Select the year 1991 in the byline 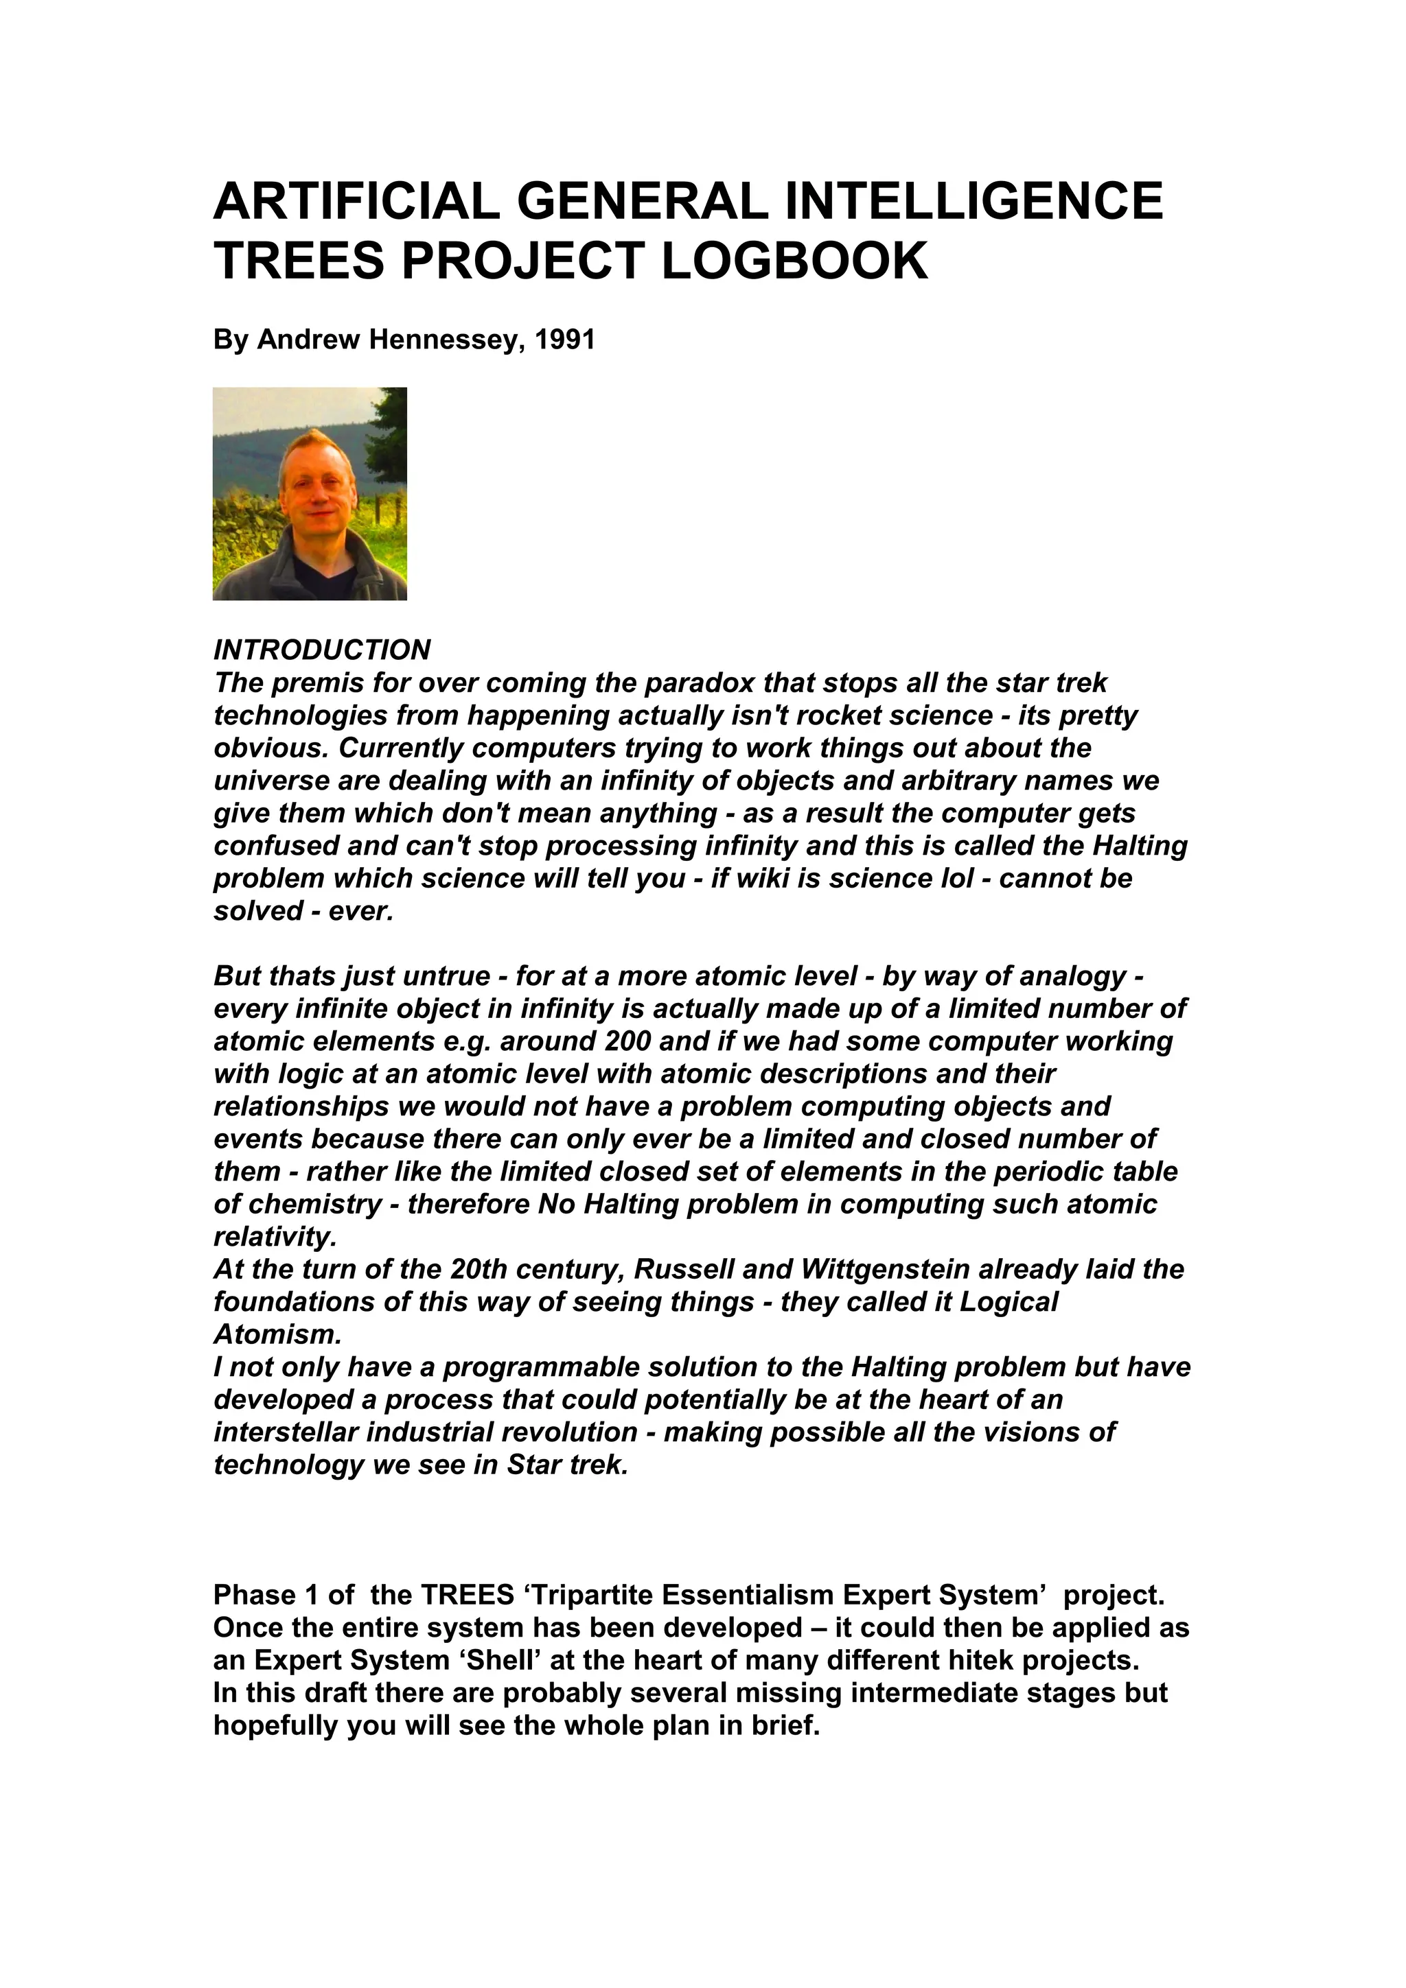click(565, 340)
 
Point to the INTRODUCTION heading click(321, 650)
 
